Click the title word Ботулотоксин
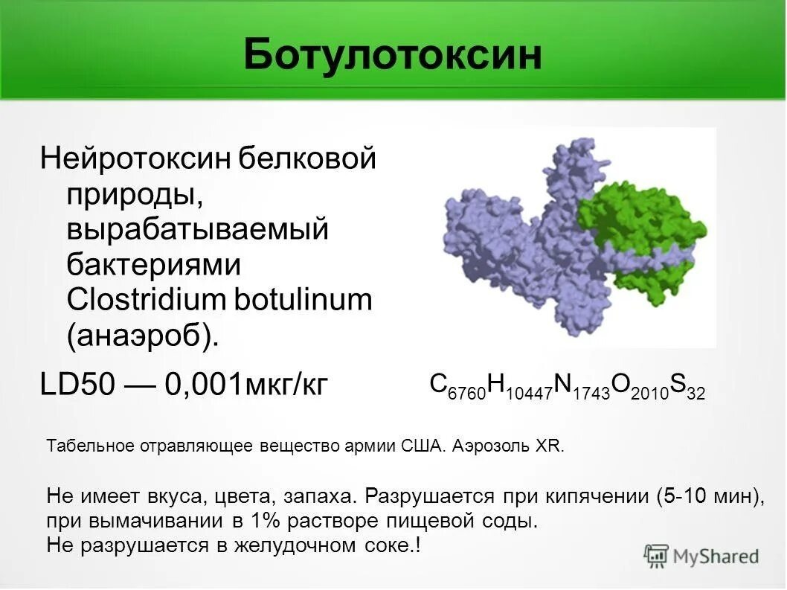(393, 55)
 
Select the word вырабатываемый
(198, 229)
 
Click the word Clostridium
(147, 300)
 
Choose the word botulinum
(303, 300)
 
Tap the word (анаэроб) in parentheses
(144, 336)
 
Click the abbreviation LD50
(77, 385)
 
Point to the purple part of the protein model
(506, 246)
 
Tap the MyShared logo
(702, 556)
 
